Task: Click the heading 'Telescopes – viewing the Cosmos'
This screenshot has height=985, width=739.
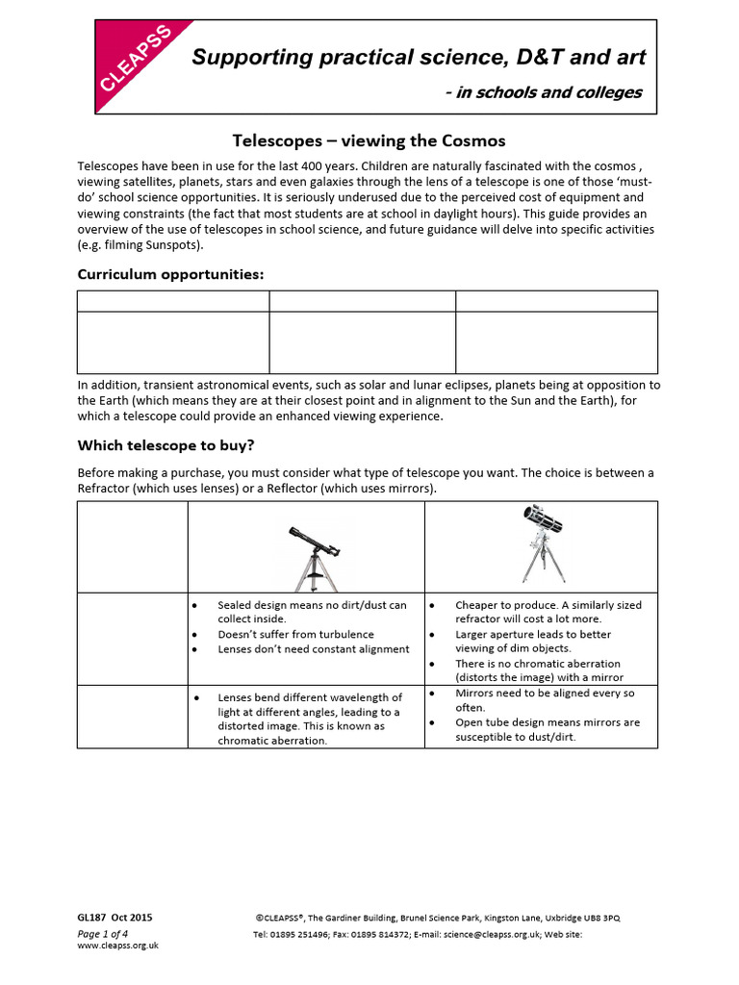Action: pyautogui.click(x=369, y=140)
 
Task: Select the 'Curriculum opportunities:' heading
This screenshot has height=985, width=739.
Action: pyautogui.click(x=170, y=274)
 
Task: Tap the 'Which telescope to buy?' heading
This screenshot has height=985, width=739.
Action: pyautogui.click(x=166, y=445)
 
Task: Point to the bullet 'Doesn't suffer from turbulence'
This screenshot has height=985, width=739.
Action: pyautogui.click(x=295, y=635)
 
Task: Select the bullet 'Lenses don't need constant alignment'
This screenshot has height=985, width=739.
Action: pyautogui.click(x=313, y=649)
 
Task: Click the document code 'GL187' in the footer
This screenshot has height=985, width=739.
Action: pyautogui.click(x=92, y=918)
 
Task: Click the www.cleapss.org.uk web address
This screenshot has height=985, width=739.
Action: pyautogui.click(x=117, y=946)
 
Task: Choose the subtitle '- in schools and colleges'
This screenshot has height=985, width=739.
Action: pyautogui.click(x=544, y=92)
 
